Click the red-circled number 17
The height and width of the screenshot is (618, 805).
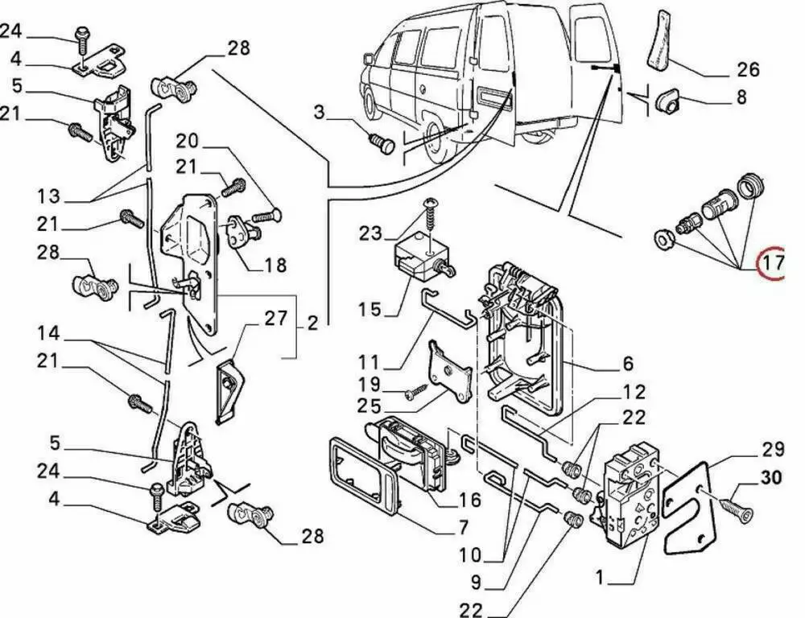[x=773, y=263]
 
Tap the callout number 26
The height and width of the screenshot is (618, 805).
[x=748, y=69]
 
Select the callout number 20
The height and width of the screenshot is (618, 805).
[x=187, y=141]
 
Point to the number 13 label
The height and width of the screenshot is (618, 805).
[x=48, y=196]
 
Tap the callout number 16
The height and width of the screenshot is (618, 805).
[x=469, y=500]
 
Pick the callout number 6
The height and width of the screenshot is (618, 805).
[x=628, y=364]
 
